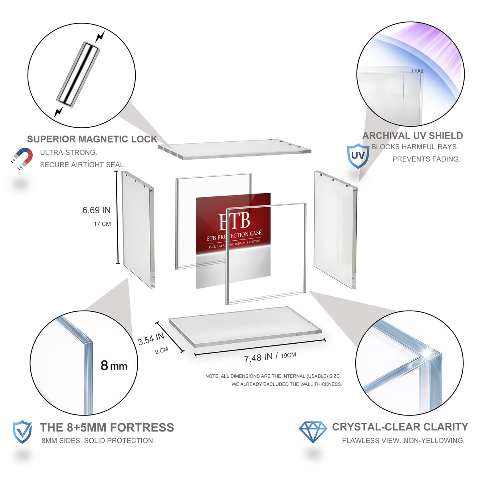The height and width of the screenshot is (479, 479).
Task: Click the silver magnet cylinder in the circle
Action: coord(78,75)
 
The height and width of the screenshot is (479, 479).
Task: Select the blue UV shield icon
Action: coord(358,156)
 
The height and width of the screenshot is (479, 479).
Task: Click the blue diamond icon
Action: coord(313,432)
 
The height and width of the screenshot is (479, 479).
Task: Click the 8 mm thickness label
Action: coord(114,366)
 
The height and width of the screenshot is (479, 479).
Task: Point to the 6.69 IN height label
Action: coord(97,210)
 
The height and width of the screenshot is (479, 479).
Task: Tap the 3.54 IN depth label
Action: coord(151,339)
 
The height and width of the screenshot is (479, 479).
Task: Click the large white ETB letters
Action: coord(234,221)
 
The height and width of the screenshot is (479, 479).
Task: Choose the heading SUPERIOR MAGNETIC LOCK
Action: coord(92,139)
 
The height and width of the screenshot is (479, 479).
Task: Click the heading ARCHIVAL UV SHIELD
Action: coord(413,136)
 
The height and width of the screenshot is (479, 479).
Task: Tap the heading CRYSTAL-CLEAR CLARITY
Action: coord(400,427)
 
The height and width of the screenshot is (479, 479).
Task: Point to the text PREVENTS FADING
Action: coord(426,159)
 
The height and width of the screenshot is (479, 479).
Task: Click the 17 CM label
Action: coord(102,224)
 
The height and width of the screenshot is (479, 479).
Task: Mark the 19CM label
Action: coord(288,355)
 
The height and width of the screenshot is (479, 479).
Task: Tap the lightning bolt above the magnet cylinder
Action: coord(100,37)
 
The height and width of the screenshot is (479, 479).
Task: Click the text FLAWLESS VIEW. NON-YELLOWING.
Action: coord(403,441)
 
